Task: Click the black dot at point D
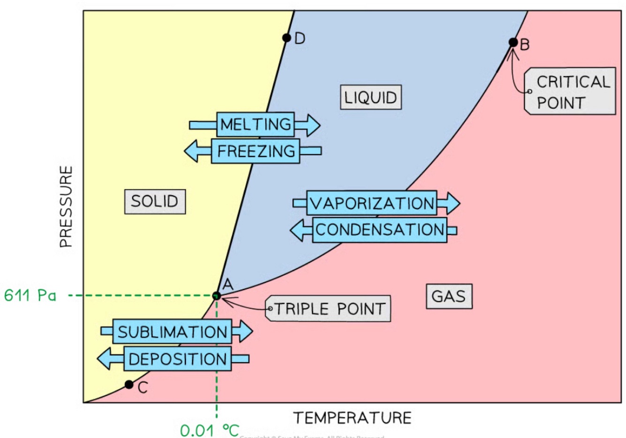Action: tap(286, 38)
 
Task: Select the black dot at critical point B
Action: tap(513, 43)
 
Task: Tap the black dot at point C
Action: tap(129, 385)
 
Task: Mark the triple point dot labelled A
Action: tap(216, 296)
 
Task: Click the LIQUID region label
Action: tap(371, 98)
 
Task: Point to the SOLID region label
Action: tap(155, 202)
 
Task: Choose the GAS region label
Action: tap(449, 296)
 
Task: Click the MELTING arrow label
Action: tap(256, 124)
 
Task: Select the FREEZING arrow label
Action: tap(256, 151)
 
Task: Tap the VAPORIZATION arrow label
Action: tap(372, 203)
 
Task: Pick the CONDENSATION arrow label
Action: tap(380, 230)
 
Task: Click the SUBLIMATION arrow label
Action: tap(172, 332)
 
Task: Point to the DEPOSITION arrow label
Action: tap(178, 359)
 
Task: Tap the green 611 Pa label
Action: tap(30, 295)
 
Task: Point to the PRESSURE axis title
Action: tap(66, 207)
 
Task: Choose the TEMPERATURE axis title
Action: tap(352, 417)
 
